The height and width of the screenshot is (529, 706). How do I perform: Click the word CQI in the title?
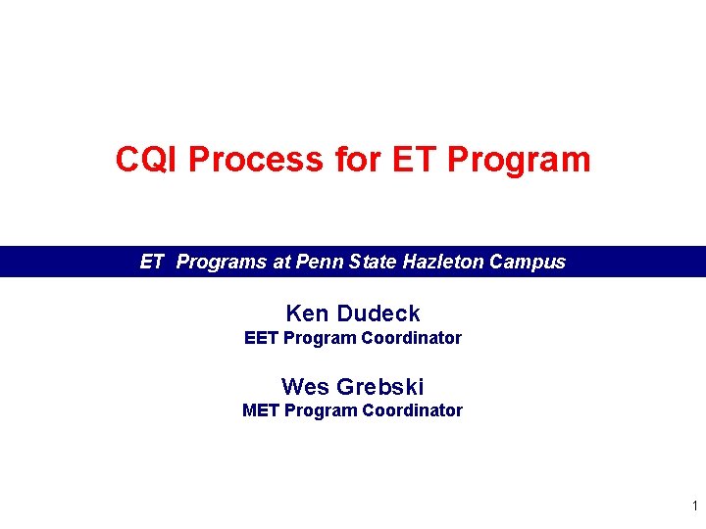(147, 159)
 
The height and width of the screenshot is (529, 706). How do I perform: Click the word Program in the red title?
(519, 159)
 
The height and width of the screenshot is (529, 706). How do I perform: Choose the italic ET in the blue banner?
(152, 262)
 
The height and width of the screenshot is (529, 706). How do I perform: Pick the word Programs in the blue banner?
(221, 262)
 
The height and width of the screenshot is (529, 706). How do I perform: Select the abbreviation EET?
(261, 338)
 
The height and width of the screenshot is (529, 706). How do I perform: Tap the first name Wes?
(305, 386)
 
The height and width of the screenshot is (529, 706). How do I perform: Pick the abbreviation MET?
(261, 410)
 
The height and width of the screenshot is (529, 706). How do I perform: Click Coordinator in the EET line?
(412, 338)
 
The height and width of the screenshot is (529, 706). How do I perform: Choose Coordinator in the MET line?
(412, 410)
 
